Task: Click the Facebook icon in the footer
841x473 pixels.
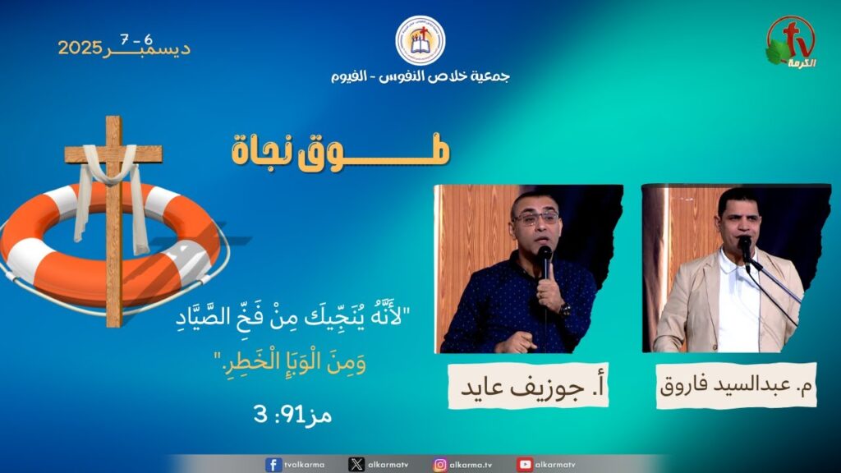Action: pyautogui.click(x=273, y=465)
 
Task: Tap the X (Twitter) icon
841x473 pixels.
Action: pyautogui.click(x=356, y=465)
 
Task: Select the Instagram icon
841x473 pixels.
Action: pyautogui.click(x=440, y=465)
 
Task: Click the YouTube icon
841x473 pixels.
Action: pyautogui.click(x=525, y=465)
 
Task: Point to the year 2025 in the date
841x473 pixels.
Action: pyautogui.click(x=80, y=48)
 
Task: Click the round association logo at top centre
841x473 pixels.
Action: pyautogui.click(x=420, y=41)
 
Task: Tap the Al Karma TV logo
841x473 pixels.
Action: pyautogui.click(x=791, y=42)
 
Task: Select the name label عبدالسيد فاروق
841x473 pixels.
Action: pyautogui.click(x=736, y=386)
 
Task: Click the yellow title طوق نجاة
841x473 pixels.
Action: pyautogui.click(x=341, y=151)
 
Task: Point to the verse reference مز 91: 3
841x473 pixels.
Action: pyautogui.click(x=293, y=414)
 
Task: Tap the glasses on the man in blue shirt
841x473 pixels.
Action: pyautogui.click(x=535, y=218)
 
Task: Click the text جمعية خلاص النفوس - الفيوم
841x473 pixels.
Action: pyautogui.click(x=420, y=76)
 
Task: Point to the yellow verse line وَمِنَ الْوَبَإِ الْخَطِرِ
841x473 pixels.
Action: pyautogui.click(x=290, y=362)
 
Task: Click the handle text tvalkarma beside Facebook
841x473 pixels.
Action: pyautogui.click(x=304, y=465)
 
